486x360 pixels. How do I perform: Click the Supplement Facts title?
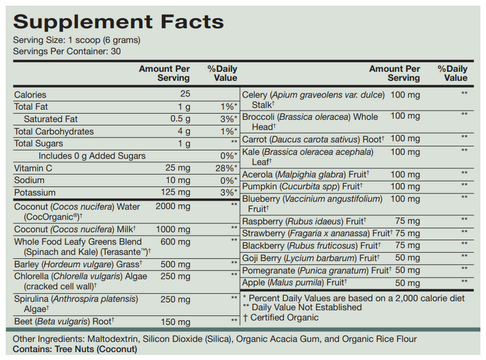tap(118, 22)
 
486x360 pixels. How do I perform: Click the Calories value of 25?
tap(185, 94)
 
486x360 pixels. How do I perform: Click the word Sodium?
tap(29, 181)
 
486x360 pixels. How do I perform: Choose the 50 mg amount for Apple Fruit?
tap(408, 284)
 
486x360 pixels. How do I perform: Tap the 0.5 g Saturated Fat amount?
tap(179, 119)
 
